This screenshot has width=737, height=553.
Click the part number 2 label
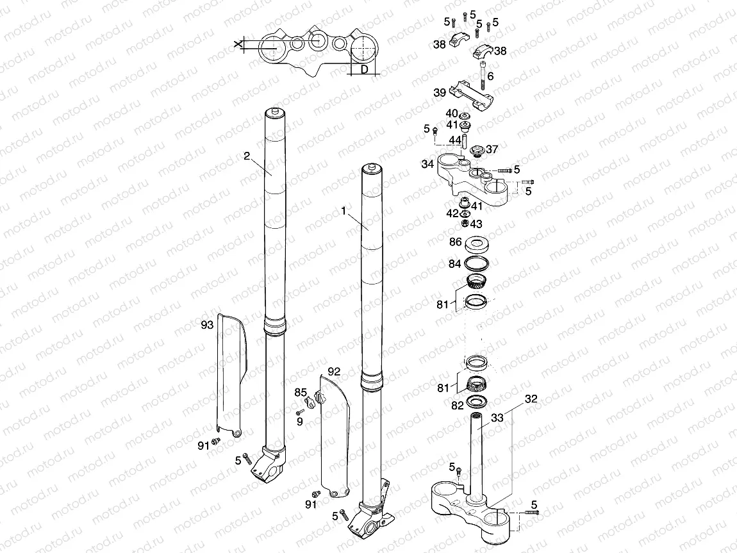tap(245, 156)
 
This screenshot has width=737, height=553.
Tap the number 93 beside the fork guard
tap(206, 326)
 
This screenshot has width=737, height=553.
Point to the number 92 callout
tap(334, 371)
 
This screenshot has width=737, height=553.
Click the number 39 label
tap(440, 93)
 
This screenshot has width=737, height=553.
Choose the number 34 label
tap(427, 164)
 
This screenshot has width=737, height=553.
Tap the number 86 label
tap(455, 242)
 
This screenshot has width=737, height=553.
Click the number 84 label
tap(455, 263)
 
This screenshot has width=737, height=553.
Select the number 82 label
tap(457, 406)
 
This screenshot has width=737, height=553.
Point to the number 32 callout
tap(531, 399)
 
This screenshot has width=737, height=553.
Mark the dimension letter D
tap(363, 69)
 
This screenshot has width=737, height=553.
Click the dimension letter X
tap(238, 44)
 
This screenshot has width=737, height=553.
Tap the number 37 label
tap(492, 149)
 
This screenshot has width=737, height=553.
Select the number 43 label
tap(476, 224)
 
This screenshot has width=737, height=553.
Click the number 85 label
tap(301, 392)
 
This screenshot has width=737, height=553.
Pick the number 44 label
tap(455, 140)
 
